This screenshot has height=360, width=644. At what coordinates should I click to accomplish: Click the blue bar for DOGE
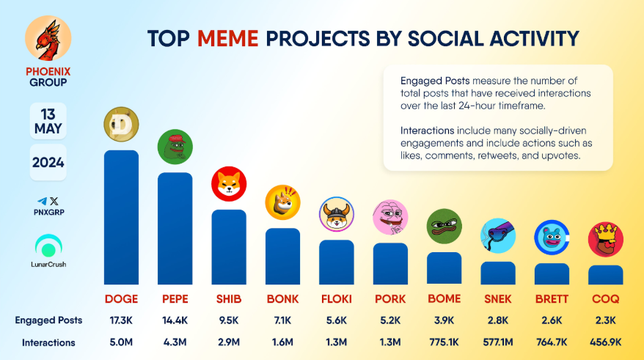121,217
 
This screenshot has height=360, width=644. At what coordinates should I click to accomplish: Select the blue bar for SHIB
229,247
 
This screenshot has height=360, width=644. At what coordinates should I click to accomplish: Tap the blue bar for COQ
606,275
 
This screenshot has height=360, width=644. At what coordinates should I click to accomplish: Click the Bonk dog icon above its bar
282,202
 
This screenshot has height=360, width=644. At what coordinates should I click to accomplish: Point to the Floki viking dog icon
337,214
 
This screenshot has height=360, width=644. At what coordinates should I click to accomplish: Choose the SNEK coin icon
498,236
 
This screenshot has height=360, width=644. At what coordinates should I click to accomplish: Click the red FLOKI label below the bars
337,299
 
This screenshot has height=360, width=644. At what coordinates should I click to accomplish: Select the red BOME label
444,299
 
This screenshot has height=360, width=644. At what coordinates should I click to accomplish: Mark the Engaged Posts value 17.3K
121,320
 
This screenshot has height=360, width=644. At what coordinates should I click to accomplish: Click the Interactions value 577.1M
498,342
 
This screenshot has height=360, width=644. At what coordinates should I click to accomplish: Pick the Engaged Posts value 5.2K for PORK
390,320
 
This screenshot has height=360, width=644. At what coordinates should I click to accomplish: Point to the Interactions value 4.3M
175,342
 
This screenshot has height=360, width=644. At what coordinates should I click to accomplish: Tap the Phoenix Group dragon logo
48,40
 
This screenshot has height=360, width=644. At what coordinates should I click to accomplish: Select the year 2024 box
48,162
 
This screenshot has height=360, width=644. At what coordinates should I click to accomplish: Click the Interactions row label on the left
48,342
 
